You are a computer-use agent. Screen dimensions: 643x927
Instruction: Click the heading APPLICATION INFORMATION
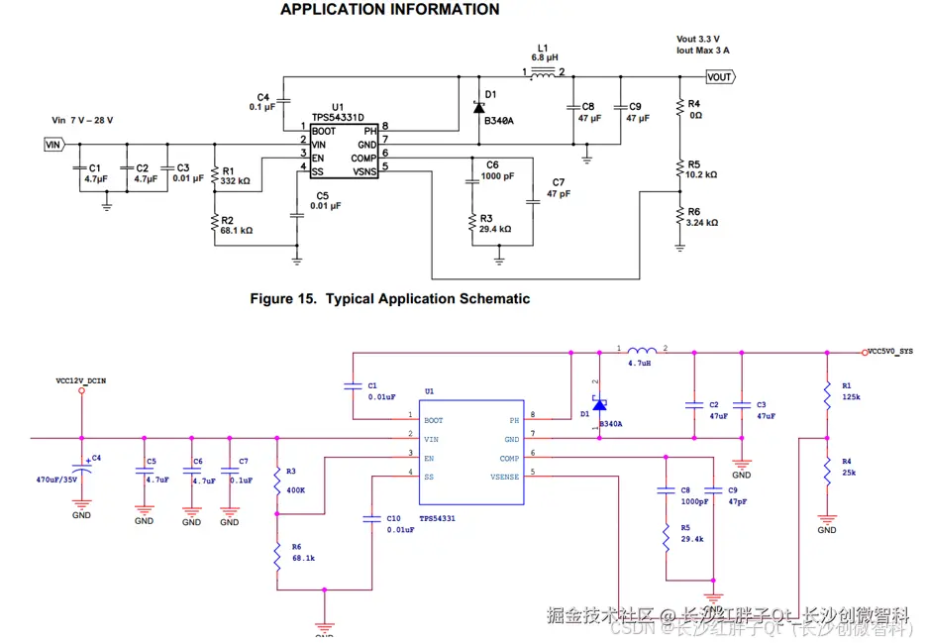(389, 10)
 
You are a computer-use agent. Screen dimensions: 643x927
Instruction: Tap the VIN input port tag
(53, 145)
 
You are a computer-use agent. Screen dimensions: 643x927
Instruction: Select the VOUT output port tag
(719, 76)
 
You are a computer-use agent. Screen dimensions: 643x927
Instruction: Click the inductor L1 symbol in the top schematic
(542, 71)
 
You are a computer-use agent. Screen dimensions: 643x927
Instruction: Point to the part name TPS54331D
(339, 117)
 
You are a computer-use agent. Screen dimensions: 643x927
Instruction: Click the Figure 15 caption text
(389, 298)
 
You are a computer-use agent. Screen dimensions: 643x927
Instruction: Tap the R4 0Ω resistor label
(694, 109)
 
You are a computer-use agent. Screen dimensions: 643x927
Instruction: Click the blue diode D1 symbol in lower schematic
(599, 404)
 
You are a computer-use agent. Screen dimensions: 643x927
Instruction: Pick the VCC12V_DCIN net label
(81, 380)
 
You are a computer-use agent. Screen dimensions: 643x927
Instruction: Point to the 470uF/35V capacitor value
(57, 480)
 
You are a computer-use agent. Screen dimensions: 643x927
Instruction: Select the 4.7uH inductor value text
(641, 364)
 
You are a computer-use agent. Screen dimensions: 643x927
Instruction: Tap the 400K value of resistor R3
(295, 489)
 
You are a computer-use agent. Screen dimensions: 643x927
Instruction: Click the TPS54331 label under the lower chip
(439, 517)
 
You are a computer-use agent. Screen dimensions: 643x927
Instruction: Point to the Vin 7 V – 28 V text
(82, 120)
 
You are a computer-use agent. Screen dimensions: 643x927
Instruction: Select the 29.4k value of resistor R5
(691, 539)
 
